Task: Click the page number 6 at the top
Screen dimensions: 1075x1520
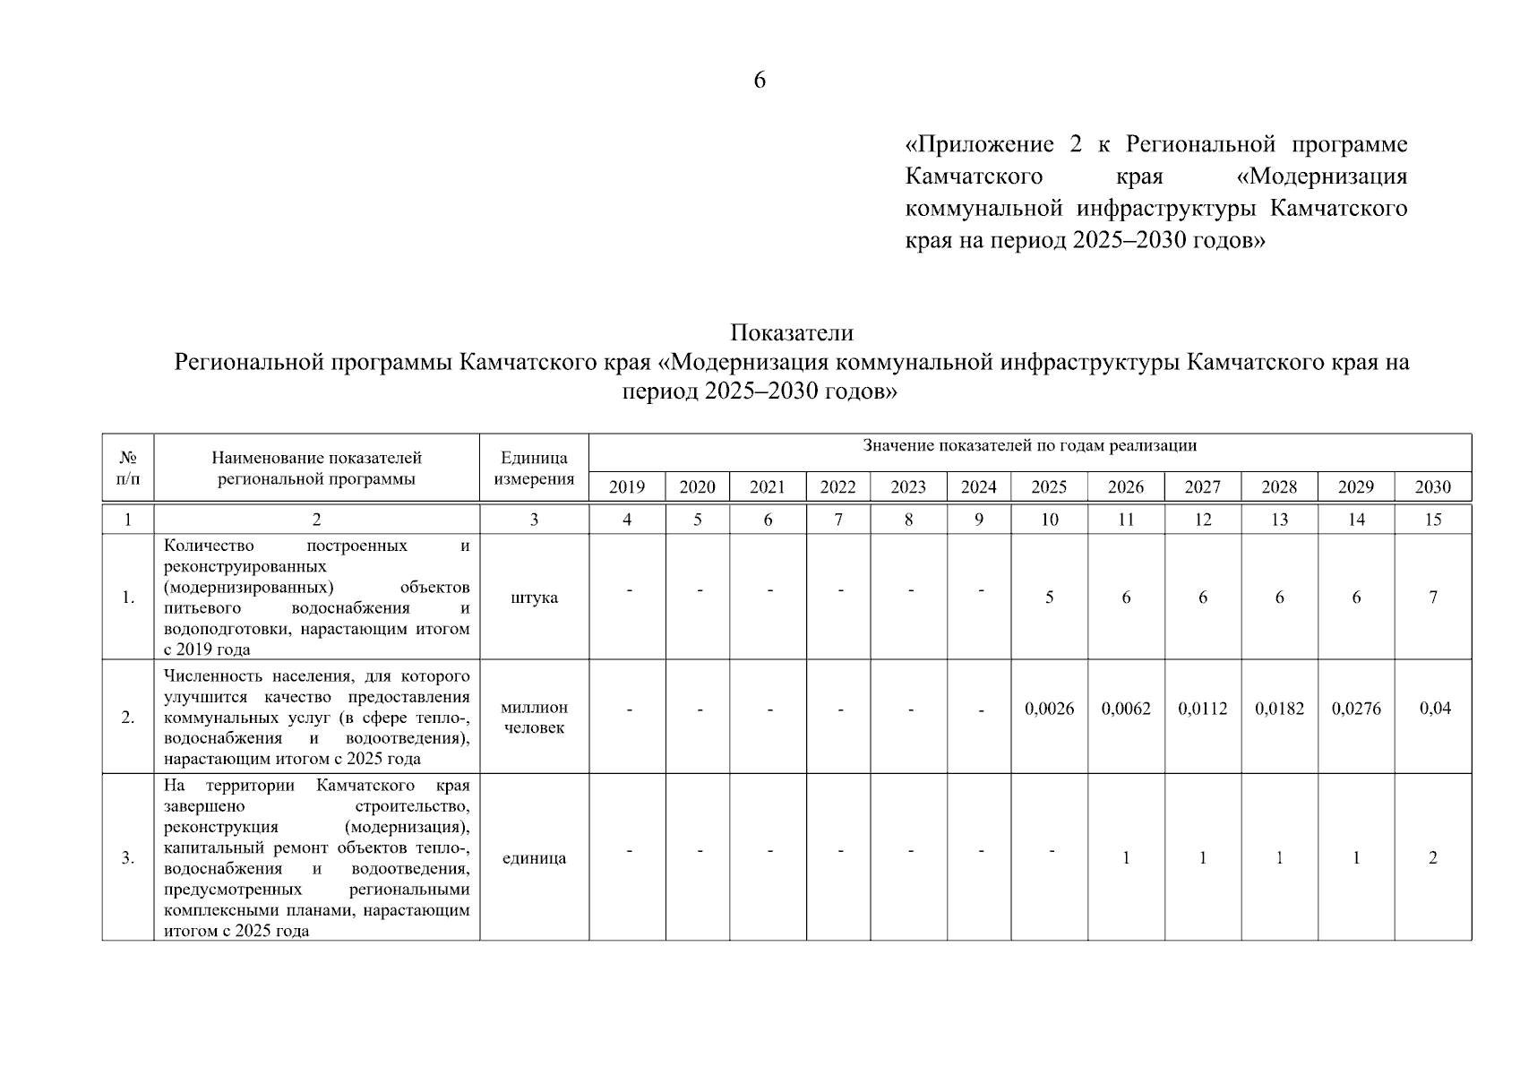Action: click(x=760, y=81)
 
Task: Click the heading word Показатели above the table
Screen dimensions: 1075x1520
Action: click(x=792, y=333)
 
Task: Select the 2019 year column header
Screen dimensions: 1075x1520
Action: click(x=627, y=487)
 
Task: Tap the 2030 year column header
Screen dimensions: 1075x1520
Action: click(x=1432, y=487)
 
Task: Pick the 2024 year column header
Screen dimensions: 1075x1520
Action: click(x=978, y=487)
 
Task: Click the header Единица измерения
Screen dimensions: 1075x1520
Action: click(x=534, y=469)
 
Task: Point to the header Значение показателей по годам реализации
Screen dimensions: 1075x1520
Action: click(x=1029, y=446)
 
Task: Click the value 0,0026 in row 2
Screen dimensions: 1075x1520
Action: click(x=1049, y=709)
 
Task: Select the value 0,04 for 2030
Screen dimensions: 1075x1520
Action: click(x=1435, y=709)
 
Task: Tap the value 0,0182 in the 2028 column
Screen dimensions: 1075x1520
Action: click(x=1279, y=709)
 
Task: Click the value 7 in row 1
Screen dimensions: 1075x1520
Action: click(x=1433, y=598)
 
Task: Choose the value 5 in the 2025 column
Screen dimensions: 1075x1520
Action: click(x=1049, y=598)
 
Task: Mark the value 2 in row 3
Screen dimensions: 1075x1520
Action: click(x=1433, y=858)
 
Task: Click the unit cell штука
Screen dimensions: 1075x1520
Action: click(x=534, y=598)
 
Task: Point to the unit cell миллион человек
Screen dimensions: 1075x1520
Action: click(x=534, y=718)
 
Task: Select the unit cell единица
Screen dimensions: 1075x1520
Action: click(x=534, y=858)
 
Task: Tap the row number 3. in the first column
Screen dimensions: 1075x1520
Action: click(x=128, y=858)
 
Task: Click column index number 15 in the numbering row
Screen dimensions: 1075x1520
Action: click(x=1433, y=520)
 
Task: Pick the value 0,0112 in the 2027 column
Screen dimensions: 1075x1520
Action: click(x=1202, y=709)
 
